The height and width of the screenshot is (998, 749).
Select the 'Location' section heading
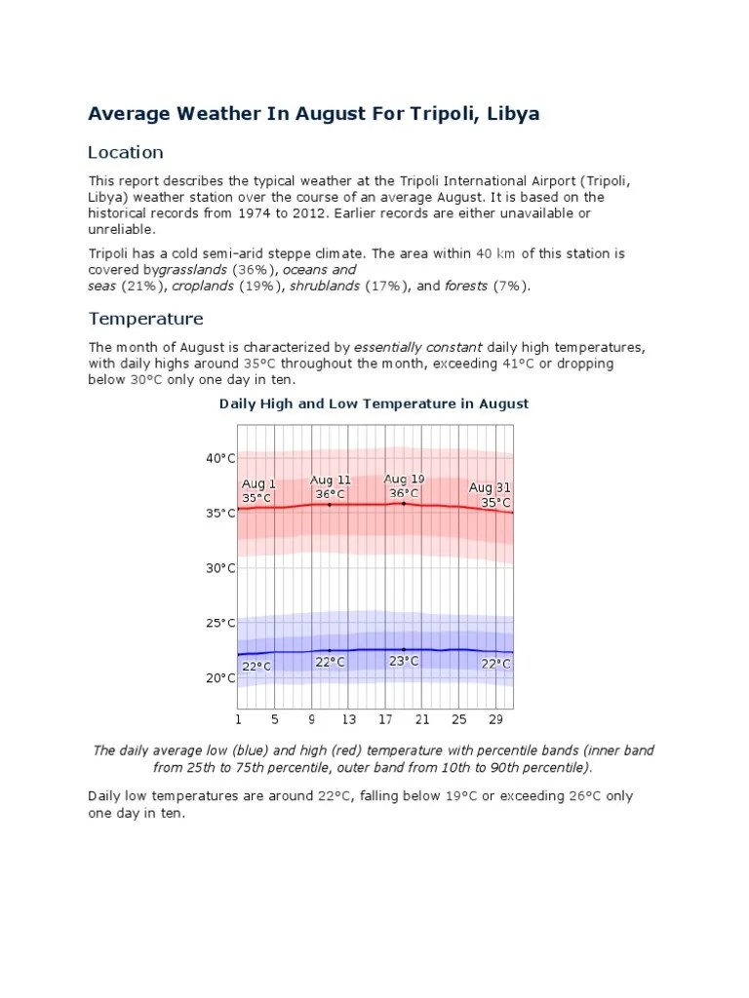(125, 152)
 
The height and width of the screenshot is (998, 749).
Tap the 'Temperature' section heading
(145, 319)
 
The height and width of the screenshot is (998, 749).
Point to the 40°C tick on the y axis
(220, 458)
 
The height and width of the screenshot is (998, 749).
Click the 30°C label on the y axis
(220, 568)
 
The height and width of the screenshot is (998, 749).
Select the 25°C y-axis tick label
(220, 623)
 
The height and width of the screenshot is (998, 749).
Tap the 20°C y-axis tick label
(220, 678)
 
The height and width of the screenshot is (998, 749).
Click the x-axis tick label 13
(349, 720)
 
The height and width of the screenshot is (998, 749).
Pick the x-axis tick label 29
(495, 720)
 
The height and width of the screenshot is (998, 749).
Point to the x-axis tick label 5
(275, 720)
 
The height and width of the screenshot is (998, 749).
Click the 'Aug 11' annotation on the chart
(331, 480)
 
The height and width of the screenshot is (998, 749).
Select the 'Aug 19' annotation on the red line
(404, 479)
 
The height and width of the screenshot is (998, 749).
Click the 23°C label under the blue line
(404, 661)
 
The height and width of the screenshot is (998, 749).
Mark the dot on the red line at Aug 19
(404, 503)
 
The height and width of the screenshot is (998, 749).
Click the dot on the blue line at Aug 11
(330, 650)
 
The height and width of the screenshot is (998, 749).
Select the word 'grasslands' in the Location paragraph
(194, 269)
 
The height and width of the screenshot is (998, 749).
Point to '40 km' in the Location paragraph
(494, 253)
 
